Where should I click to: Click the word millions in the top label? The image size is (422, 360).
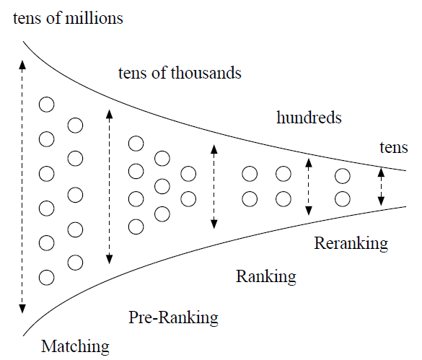click(x=94, y=18)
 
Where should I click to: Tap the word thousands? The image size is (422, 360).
click(x=206, y=73)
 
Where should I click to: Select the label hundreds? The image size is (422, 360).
click(x=309, y=118)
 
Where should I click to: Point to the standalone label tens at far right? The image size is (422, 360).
click(x=394, y=148)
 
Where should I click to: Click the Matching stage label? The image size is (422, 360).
click(x=75, y=347)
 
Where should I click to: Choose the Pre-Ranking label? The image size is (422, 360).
click(x=173, y=317)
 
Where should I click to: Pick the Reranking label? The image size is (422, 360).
click(x=351, y=243)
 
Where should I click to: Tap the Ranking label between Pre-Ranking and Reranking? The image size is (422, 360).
click(x=266, y=276)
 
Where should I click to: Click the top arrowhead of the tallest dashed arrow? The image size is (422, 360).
click(x=22, y=65)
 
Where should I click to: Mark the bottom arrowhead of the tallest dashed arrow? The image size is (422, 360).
click(x=22, y=309)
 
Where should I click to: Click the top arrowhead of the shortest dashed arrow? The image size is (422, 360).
click(x=381, y=172)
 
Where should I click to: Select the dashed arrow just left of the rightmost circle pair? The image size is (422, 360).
click(x=309, y=187)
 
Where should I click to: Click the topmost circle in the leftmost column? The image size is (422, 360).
click(x=47, y=105)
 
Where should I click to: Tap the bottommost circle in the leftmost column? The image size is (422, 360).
click(x=47, y=278)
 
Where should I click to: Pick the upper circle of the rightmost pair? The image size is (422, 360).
click(x=343, y=176)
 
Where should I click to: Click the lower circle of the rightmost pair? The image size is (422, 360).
click(x=343, y=199)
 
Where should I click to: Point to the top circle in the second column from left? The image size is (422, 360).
click(x=75, y=126)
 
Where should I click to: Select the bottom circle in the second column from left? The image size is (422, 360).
click(x=75, y=263)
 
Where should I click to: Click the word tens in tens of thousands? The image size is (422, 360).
click(x=133, y=74)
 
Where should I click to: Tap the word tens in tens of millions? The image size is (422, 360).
click(x=27, y=19)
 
